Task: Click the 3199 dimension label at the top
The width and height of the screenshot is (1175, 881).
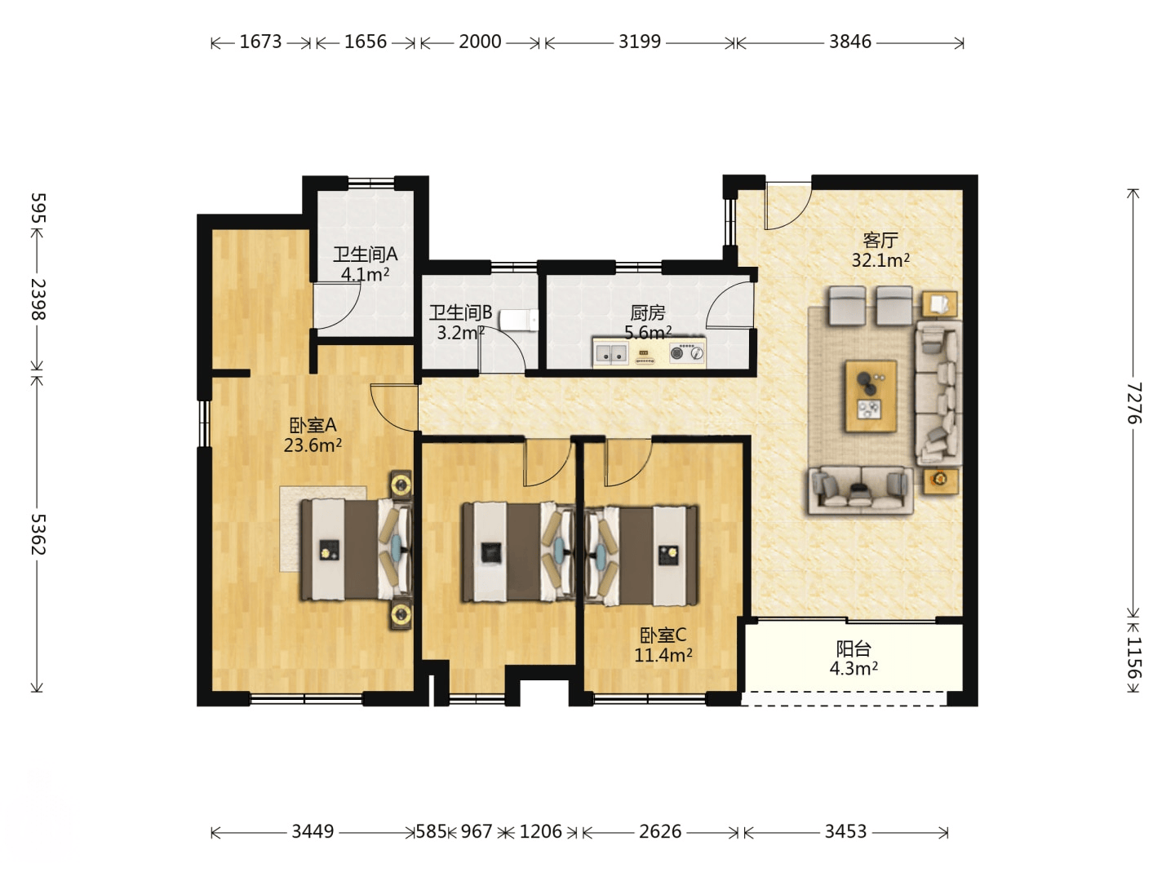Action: tap(639, 42)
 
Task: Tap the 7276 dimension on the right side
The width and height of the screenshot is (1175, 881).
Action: tap(1133, 403)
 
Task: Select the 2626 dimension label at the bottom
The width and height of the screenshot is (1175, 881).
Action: tap(660, 831)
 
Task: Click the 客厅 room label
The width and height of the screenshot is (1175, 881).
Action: tap(880, 240)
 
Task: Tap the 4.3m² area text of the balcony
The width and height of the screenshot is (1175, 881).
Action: tap(854, 668)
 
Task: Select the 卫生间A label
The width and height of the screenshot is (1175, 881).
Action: tap(365, 254)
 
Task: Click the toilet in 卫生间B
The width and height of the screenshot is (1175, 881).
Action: tap(519, 321)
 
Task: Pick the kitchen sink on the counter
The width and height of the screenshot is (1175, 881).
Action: tap(611, 353)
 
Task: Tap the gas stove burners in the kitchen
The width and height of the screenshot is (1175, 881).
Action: tap(686, 353)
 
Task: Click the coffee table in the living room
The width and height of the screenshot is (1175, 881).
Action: tap(871, 396)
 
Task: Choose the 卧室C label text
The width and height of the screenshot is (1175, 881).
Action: tap(663, 635)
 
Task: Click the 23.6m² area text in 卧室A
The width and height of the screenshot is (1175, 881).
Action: tap(313, 445)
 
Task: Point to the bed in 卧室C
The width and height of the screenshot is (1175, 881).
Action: tap(641, 556)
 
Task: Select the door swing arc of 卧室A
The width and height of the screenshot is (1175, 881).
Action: tap(384, 414)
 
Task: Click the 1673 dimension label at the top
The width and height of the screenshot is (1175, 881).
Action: tap(260, 42)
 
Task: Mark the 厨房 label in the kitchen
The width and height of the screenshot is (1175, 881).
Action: tap(648, 312)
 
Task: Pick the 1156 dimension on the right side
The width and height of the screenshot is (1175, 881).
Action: tap(1133, 657)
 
